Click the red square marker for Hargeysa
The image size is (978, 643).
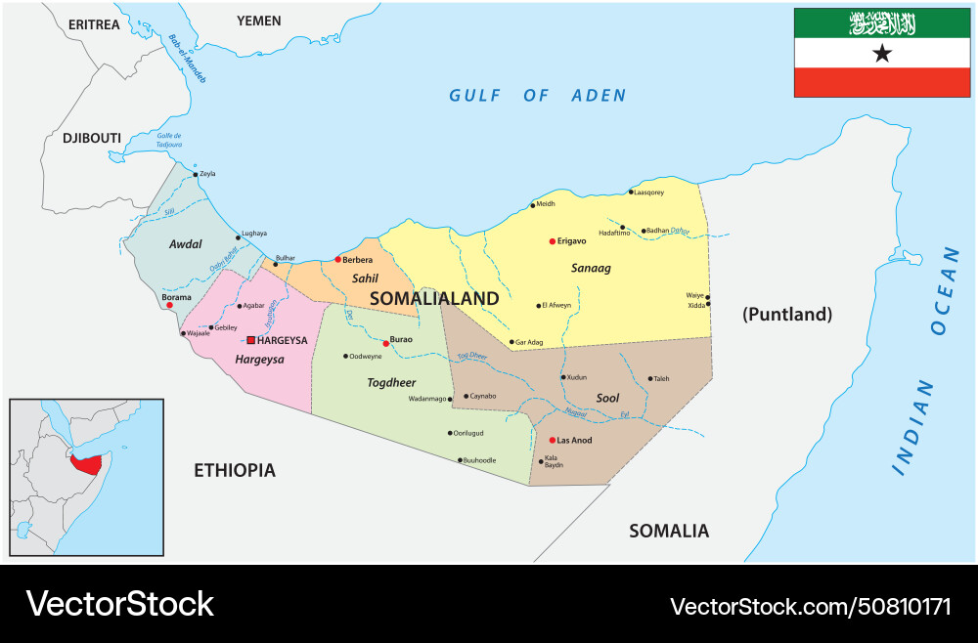251,340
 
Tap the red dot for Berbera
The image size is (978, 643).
337,259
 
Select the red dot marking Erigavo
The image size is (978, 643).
553,240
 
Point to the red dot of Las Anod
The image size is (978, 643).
552,440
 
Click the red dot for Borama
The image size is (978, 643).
169,305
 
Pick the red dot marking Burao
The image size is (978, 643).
385,343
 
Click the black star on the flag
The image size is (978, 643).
882,54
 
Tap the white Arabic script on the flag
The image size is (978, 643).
882,22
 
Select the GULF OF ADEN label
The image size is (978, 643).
537,96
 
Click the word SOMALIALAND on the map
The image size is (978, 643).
434,299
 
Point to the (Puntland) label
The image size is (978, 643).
786,315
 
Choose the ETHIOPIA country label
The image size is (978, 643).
234,471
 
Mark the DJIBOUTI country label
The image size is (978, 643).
92,139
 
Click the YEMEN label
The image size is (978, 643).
259,21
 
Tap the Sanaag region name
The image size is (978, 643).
591,268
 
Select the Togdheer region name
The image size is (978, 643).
391,383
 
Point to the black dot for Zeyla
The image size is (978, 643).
196,174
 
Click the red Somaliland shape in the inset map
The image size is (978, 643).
88,461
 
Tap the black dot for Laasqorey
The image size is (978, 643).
630,193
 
